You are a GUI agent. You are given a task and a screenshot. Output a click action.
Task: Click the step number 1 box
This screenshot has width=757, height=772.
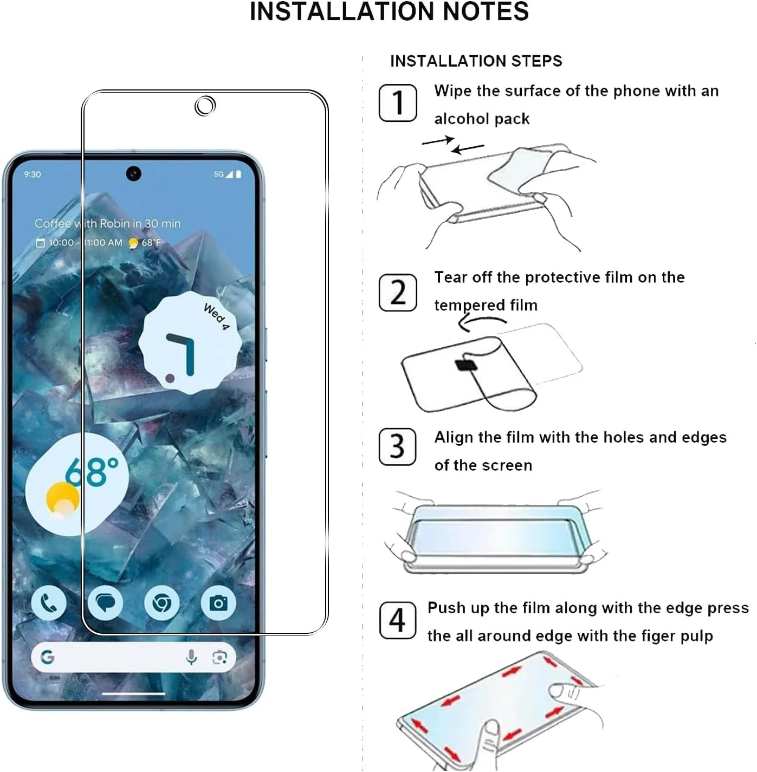[398, 102]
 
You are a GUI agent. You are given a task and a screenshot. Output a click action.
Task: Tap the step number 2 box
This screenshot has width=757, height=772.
[398, 293]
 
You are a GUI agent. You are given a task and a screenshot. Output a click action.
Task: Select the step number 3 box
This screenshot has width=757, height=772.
[397, 447]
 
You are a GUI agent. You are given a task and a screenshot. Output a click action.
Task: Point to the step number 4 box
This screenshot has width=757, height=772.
[397, 620]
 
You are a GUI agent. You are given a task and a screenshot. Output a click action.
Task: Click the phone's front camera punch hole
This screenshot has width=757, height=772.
[133, 173]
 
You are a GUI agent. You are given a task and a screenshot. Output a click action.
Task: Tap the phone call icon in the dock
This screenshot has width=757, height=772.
[48, 603]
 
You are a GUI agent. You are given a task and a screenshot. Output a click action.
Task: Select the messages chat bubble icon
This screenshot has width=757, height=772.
[106, 603]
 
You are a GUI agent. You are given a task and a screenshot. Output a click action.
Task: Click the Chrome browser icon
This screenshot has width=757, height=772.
[162, 603]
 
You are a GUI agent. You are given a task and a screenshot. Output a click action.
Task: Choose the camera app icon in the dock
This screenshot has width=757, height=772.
[218, 603]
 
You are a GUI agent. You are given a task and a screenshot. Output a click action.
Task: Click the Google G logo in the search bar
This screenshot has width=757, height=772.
[47, 657]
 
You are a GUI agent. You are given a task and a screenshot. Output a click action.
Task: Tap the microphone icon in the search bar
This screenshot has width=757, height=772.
[192, 657]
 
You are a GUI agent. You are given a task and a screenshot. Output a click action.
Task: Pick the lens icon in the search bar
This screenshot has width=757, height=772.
[219, 657]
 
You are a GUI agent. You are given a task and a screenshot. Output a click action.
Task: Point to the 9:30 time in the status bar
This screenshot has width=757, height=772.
[33, 174]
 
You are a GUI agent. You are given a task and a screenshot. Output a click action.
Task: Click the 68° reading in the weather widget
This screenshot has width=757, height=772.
[92, 472]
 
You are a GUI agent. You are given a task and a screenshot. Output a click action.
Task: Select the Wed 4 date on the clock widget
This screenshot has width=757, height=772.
[216, 316]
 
